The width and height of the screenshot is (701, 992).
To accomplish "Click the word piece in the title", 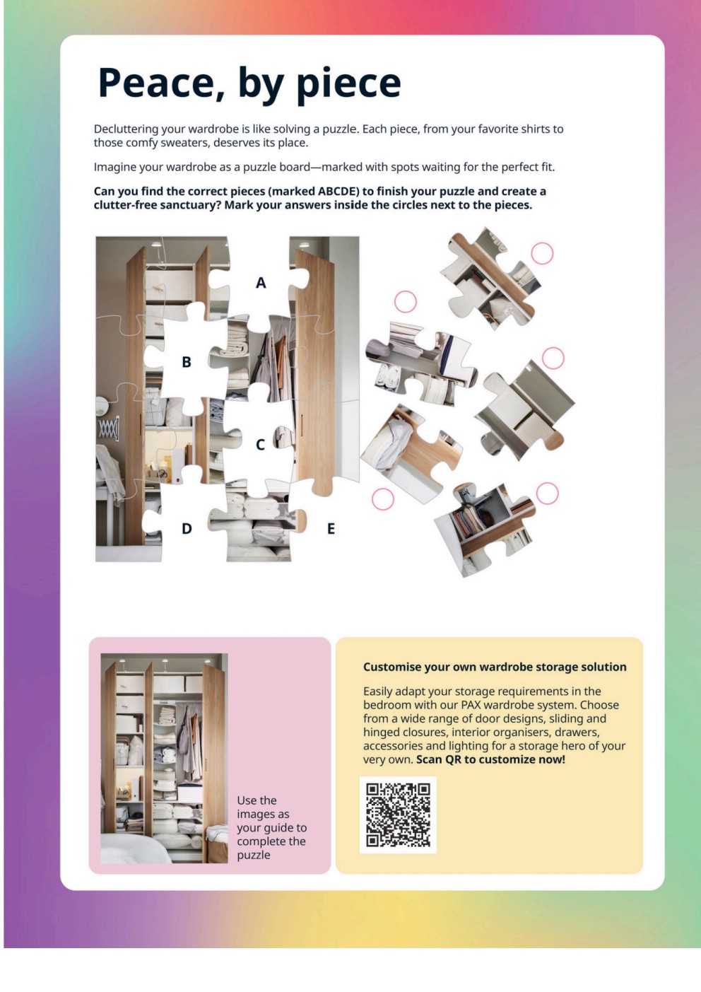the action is click(x=348, y=85).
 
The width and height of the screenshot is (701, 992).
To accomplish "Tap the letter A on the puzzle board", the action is click(x=261, y=283).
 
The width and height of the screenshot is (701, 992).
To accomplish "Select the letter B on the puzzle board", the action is click(x=187, y=362).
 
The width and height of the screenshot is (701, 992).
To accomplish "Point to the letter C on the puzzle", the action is click(x=260, y=445).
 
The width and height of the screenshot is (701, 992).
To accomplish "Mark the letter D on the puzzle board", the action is click(x=187, y=528).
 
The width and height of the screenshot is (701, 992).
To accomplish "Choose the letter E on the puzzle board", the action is click(x=331, y=528).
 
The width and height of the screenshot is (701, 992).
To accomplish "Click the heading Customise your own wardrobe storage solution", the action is click(x=495, y=667).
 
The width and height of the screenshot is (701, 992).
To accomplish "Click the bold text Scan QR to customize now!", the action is click(x=491, y=759).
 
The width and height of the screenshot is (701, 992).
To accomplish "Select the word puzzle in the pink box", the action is click(x=254, y=855).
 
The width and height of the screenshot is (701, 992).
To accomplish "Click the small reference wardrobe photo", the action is click(x=164, y=758).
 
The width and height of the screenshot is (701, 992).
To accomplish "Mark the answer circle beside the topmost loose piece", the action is click(x=542, y=253).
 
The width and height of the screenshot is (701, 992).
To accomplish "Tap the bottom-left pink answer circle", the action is click(x=383, y=499).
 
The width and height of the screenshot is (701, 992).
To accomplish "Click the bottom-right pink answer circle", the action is click(x=547, y=494).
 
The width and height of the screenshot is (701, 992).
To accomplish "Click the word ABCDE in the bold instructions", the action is click(x=338, y=192).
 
